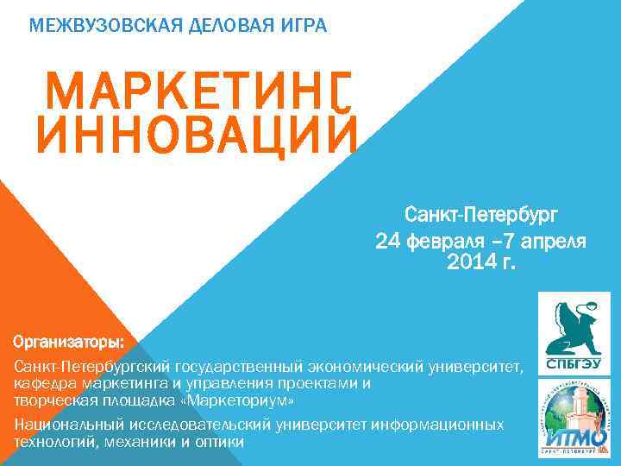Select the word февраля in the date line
click(x=442, y=241)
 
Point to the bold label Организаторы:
click(x=69, y=343)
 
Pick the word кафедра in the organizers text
click(x=42, y=385)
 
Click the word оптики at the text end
click(x=223, y=441)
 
